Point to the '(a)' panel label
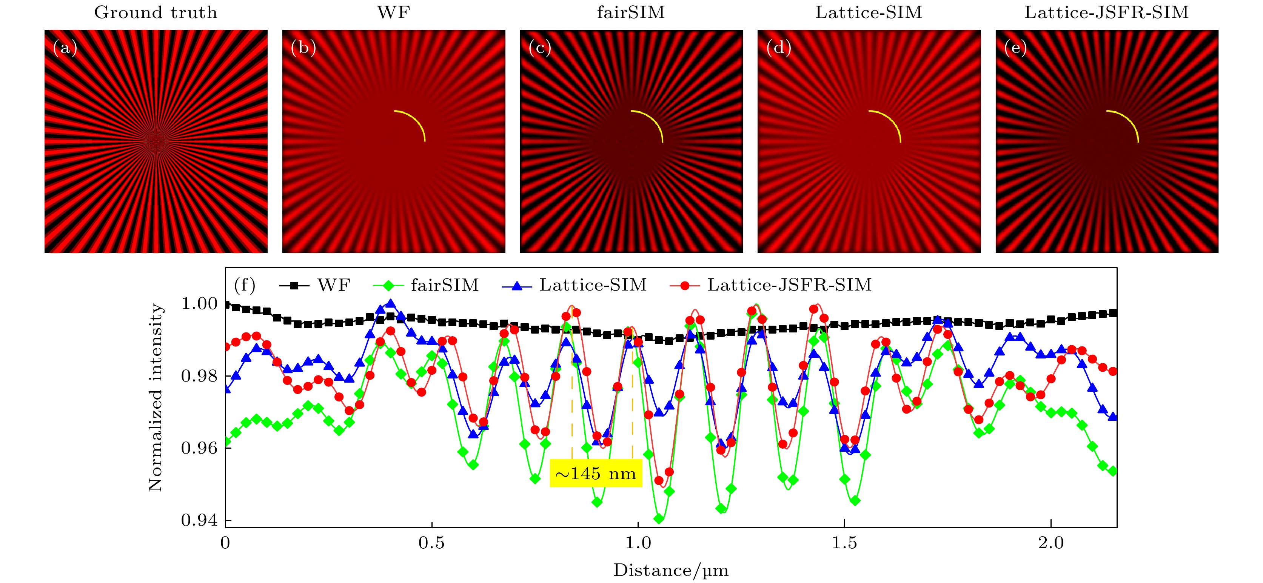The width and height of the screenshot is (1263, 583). [65, 48]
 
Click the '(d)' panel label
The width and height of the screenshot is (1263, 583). [779, 48]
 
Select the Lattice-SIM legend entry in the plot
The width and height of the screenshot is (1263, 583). [574, 285]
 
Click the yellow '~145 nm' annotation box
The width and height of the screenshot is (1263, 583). [596, 473]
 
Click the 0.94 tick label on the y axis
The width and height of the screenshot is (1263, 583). [199, 520]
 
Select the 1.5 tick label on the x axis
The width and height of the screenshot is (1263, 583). [844, 543]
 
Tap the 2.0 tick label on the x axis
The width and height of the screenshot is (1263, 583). [1051, 543]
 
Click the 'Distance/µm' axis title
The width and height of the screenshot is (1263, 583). [671, 570]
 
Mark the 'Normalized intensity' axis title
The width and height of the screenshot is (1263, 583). [156, 397]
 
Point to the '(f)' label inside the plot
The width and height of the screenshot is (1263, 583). [245, 285]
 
